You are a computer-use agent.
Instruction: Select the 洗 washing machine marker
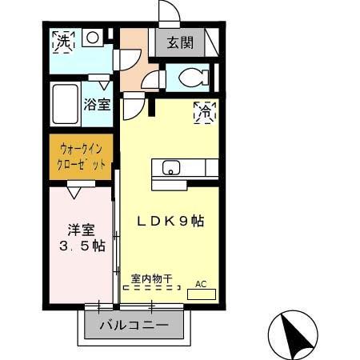(x=62, y=42)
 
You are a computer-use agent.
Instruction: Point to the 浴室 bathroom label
(x=97, y=105)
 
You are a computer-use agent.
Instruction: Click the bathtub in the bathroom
(x=65, y=103)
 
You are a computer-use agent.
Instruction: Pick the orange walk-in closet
(x=81, y=157)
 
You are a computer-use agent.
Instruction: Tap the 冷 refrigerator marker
(x=205, y=113)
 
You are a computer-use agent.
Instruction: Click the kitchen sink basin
(x=171, y=167)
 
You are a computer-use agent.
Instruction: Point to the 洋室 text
(x=77, y=229)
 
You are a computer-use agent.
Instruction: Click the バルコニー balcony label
(x=134, y=326)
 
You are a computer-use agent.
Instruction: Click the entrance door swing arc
(x=170, y=13)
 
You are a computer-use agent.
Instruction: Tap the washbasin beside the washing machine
(x=93, y=37)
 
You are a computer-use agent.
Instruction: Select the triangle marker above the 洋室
(x=74, y=192)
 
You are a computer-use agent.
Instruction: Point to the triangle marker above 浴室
(x=102, y=84)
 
